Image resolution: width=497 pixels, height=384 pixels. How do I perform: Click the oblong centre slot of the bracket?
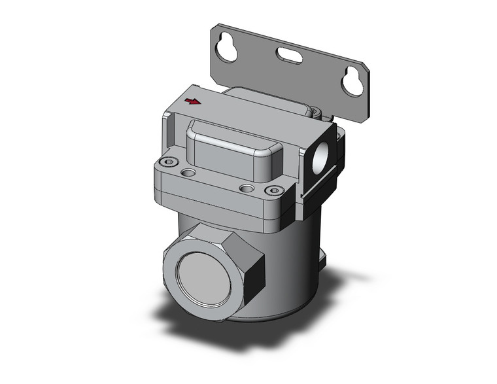click(x=288, y=56)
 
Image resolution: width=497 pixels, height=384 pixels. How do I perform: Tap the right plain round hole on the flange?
click(x=247, y=188)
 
